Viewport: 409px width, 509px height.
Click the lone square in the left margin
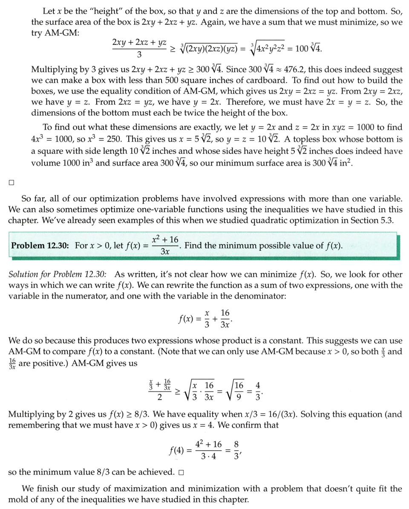point(12,183)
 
